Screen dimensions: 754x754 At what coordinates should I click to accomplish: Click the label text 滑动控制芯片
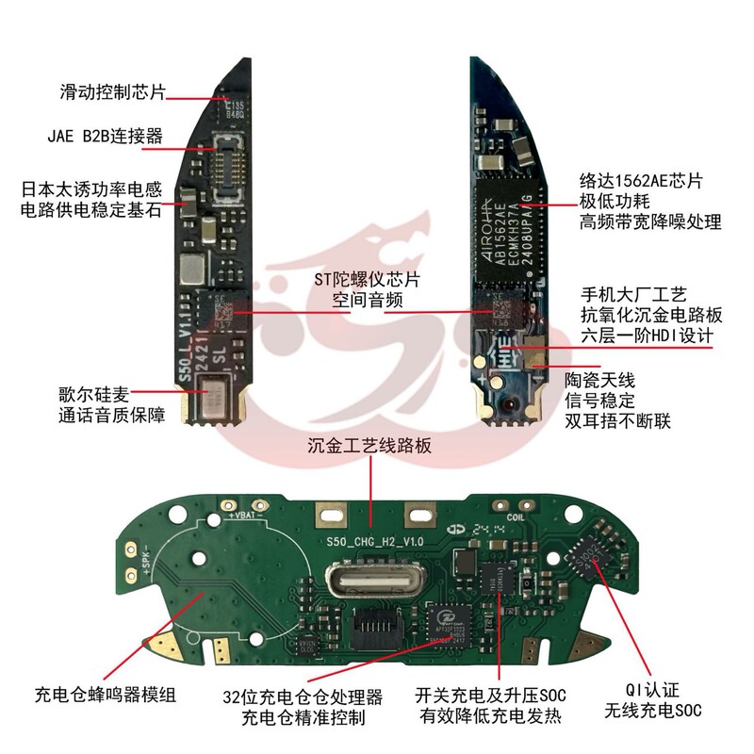pos(112,92)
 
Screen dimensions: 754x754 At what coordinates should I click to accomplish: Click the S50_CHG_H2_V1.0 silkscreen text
pos(373,542)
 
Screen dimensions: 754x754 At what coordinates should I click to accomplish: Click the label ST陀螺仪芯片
pos(374,280)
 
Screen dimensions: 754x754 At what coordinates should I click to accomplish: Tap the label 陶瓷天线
pos(600,380)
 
